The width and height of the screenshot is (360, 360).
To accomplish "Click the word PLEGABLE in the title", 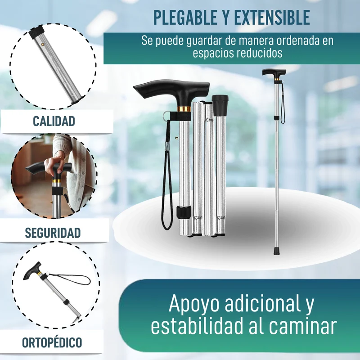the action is (x=185, y=18).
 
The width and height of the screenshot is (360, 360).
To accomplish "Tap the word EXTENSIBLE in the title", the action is (x=272, y=18).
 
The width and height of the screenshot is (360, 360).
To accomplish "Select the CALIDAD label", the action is (x=54, y=121).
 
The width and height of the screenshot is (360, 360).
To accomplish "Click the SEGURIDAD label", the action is (x=53, y=233).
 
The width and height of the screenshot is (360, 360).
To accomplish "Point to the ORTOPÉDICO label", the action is (x=52, y=342).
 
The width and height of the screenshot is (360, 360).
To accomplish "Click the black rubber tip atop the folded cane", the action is (x=220, y=105).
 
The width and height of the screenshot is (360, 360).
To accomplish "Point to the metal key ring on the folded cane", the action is (x=166, y=115).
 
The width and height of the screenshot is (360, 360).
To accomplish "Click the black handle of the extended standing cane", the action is (x=274, y=73).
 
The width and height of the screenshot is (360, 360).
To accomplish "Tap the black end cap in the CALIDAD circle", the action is (x=36, y=32).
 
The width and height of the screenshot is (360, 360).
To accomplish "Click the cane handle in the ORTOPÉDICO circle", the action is (x=32, y=271).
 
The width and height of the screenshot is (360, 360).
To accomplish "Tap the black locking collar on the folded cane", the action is (x=184, y=212).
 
